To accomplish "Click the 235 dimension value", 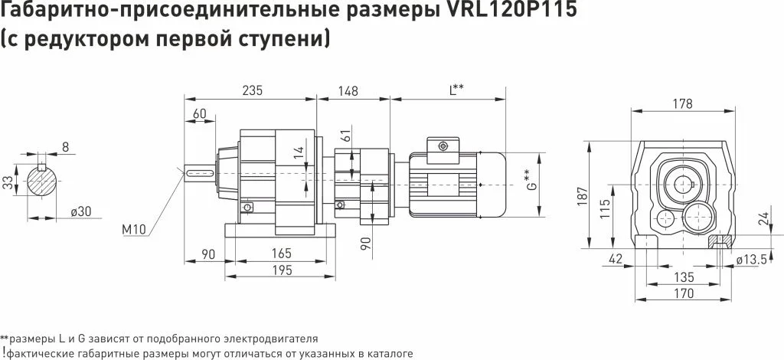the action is (x=252, y=90).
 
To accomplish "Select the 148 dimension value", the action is (x=348, y=91).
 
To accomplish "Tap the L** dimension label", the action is (x=456, y=90).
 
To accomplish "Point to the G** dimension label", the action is (x=533, y=181).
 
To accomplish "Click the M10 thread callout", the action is (x=133, y=230).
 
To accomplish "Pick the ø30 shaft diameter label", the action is (x=80, y=211).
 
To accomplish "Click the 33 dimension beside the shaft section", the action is (x=8, y=181).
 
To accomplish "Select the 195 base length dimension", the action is (x=283, y=270).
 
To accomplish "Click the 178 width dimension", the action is (x=682, y=104).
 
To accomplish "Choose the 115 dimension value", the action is (x=605, y=209).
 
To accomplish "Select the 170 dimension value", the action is (x=684, y=293).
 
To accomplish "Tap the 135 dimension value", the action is (x=684, y=277).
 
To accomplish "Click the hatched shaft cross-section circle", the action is (x=42, y=182).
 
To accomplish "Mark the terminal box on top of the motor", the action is (x=443, y=149).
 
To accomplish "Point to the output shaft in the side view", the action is (x=200, y=174).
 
